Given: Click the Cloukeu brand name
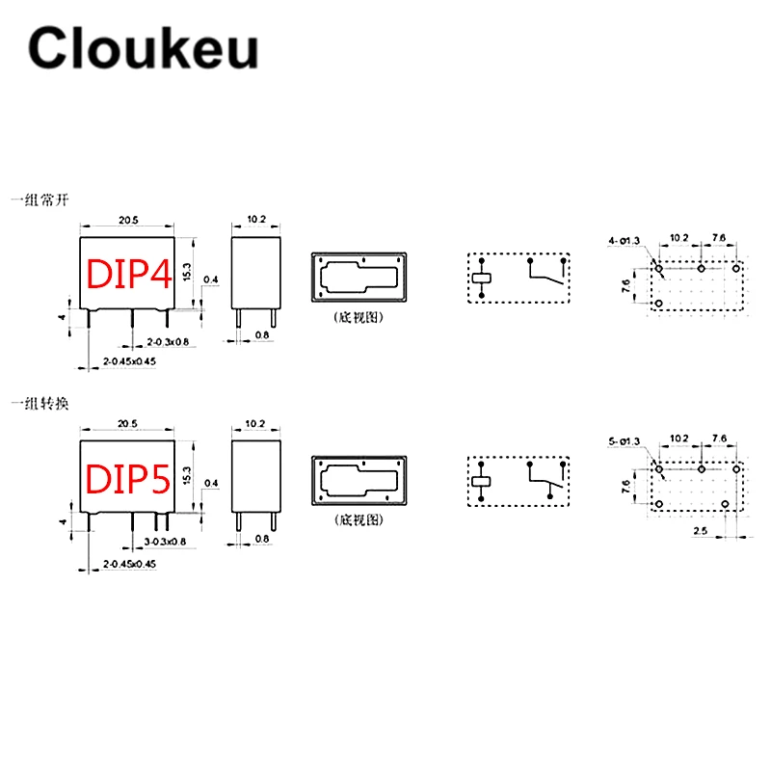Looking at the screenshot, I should [143, 47].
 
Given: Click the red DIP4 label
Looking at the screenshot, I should [128, 275].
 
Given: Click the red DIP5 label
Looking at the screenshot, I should [128, 479].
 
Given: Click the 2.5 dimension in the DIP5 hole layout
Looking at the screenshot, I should [701, 531].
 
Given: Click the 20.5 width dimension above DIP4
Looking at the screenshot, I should [128, 221].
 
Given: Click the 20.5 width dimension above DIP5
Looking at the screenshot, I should [128, 424].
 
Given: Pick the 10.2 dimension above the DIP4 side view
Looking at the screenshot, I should [256, 220].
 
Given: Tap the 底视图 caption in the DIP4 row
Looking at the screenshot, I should [359, 317].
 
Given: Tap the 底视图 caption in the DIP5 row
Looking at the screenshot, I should [359, 519].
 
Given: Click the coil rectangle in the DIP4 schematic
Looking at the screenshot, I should [481, 279].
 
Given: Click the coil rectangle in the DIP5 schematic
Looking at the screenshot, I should [481, 481].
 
